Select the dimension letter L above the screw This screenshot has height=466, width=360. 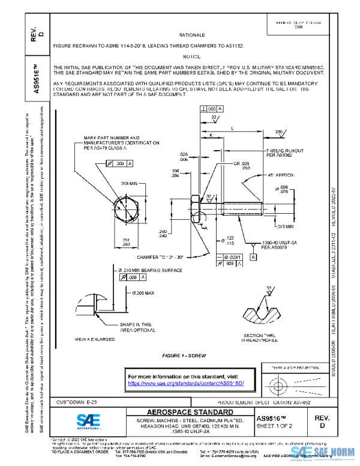(232, 128)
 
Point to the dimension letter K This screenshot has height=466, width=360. (211, 136)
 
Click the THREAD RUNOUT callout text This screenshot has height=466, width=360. (286, 153)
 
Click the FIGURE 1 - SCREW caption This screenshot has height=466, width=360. (188, 356)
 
